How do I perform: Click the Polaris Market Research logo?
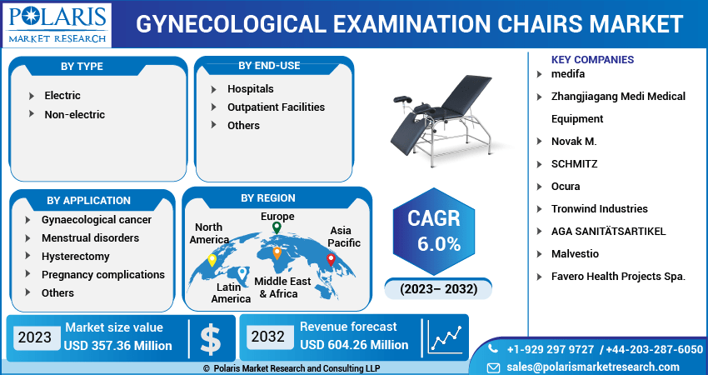[x=57, y=24]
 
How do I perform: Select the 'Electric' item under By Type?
[x=62, y=96]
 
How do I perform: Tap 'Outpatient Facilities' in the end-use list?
[x=276, y=107]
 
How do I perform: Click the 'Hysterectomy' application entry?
[x=76, y=256]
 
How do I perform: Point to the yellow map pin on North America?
[x=212, y=260]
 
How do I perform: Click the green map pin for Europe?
[x=277, y=227]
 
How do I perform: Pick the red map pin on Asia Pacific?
[x=331, y=260]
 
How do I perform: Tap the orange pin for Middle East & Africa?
[x=277, y=253]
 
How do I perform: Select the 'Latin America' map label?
[x=231, y=292]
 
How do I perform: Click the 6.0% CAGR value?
[x=439, y=244]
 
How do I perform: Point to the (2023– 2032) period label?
[x=438, y=289]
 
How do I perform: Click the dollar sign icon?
[x=211, y=338]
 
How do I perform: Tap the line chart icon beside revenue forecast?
[x=446, y=337]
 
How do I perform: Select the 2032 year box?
[x=267, y=337]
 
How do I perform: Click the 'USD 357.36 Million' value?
[x=117, y=346]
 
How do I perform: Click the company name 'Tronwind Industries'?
[x=599, y=208]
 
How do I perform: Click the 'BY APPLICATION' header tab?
[x=88, y=200]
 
